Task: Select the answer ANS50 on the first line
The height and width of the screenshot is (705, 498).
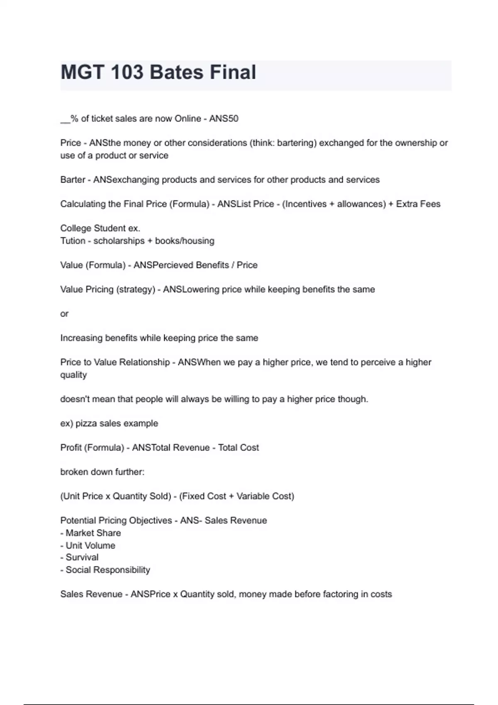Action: click(224, 119)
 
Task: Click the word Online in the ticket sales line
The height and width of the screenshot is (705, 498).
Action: click(188, 119)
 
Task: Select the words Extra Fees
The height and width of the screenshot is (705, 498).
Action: click(418, 204)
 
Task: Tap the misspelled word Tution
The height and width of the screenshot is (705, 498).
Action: click(73, 241)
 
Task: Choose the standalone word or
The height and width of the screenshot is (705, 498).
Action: click(64, 314)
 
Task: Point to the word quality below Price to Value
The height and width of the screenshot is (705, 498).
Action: click(73, 375)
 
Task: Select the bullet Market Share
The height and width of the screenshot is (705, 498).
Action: click(93, 533)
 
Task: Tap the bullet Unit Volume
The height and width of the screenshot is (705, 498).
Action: click(90, 545)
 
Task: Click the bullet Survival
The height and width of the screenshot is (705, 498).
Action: click(82, 557)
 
